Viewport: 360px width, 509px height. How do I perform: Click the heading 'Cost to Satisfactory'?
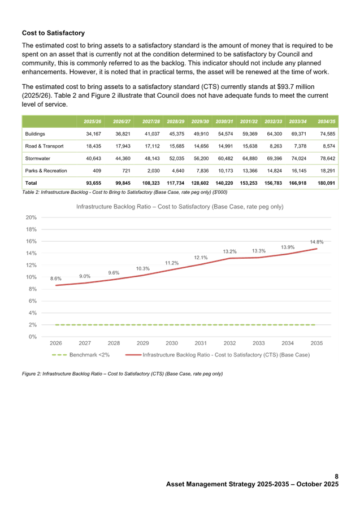54,33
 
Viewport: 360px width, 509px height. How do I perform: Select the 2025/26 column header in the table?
93,121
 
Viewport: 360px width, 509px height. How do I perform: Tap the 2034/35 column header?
327,121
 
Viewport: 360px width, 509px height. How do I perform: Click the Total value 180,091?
327,182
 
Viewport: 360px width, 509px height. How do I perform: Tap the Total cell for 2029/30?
201,182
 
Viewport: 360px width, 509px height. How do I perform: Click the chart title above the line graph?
180,207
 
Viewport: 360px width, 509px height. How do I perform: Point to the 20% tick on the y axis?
32,217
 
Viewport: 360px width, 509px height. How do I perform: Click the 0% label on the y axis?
33,336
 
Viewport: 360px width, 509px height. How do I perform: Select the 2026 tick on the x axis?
56,343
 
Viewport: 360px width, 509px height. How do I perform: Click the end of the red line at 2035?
316,249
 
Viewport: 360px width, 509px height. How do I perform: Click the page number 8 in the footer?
336,477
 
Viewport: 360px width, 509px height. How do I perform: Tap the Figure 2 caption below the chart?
122,373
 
